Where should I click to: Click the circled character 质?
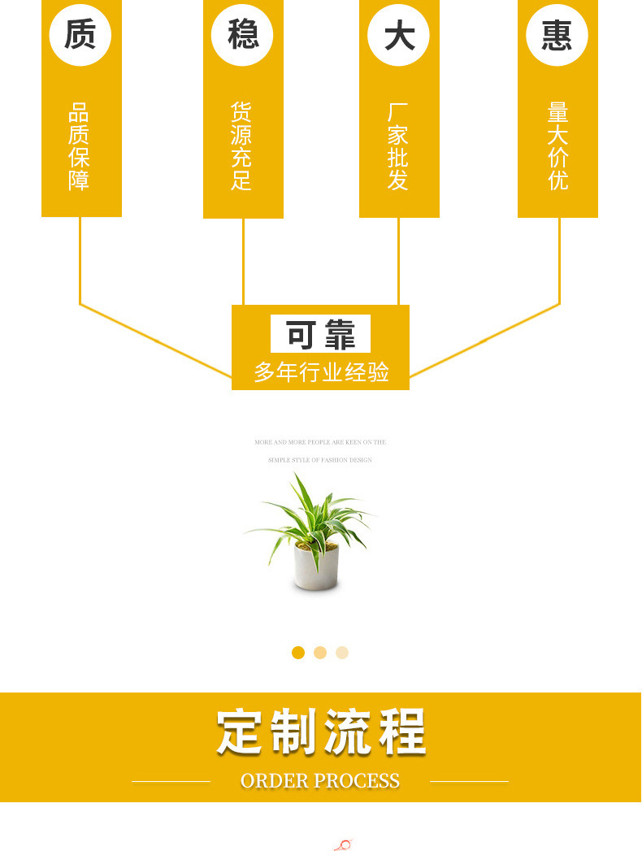tap(80, 34)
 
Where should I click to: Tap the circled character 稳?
tap(242, 34)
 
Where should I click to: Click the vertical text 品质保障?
tap(79, 146)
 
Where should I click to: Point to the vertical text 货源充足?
tap(241, 146)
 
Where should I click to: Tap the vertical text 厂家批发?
tap(398, 146)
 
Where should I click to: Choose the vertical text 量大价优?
tap(557, 146)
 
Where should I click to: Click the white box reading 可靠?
tap(320, 334)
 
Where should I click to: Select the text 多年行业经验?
tap(321, 372)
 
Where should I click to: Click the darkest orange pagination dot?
tap(298, 652)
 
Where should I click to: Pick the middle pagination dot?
tap(320, 652)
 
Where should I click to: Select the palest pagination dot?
tap(342, 652)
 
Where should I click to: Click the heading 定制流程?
tap(321, 732)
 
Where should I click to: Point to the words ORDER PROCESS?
tap(320, 781)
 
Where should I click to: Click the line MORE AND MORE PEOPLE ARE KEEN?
tap(320, 442)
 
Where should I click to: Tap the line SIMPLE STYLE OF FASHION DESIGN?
tap(320, 460)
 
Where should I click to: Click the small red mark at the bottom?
tap(344, 845)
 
